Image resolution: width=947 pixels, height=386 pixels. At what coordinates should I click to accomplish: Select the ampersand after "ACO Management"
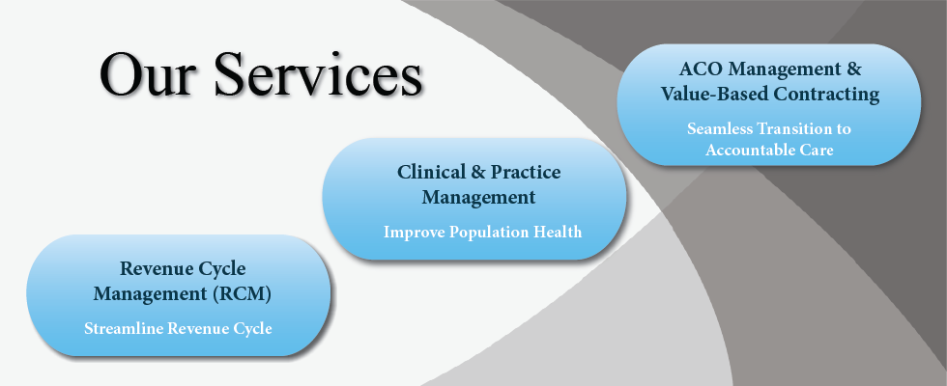tap(854, 69)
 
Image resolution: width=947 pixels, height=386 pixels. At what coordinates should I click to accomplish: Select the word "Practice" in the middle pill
tap(526, 173)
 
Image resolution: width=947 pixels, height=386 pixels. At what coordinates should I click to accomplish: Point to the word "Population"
tap(489, 233)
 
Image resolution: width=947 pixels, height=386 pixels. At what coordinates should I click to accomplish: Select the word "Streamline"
tap(124, 329)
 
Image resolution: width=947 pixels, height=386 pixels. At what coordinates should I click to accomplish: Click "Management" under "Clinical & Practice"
tap(479, 198)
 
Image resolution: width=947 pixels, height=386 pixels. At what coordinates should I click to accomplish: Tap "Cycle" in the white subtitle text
tap(252, 329)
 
